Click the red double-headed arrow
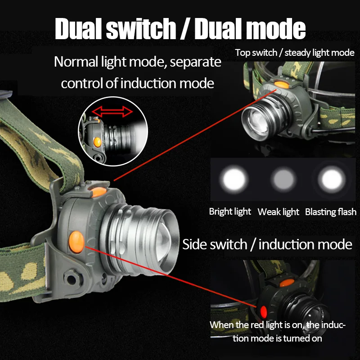112,112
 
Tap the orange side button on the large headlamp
76,242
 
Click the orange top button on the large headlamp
98,192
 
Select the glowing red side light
263,311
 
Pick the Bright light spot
234,179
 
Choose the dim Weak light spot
283,179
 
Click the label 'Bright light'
230,211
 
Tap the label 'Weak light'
278,211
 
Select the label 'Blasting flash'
331,211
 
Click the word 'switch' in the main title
141,29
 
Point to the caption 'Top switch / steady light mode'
295,53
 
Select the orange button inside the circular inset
97,142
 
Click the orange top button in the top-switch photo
282,85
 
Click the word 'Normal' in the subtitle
76,62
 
